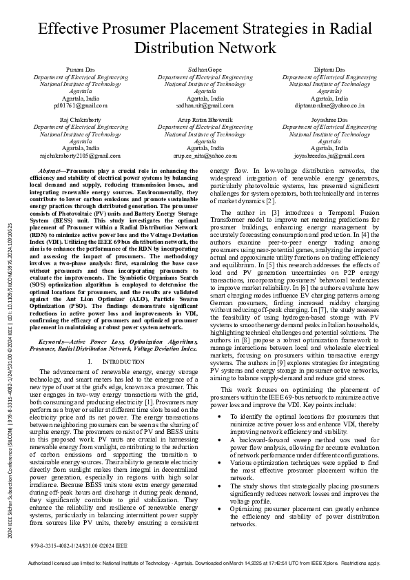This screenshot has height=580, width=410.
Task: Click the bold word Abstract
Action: [x=51, y=169]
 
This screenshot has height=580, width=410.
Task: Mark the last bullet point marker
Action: [x=219, y=509]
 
